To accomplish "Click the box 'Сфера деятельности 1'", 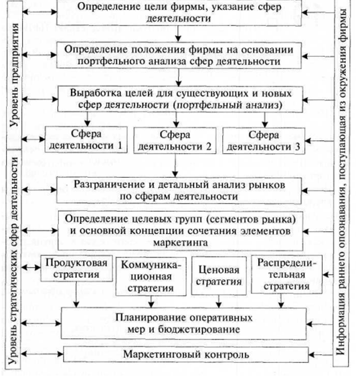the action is (x=86, y=140).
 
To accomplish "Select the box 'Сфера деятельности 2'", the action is (x=175, y=140).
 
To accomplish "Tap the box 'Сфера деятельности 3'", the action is (x=264, y=140).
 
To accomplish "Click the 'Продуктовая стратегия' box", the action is (x=76, y=269).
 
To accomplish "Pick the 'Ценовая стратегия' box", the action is (x=219, y=275).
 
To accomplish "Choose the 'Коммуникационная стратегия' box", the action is (x=151, y=276).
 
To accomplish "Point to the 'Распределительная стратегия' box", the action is (x=286, y=274).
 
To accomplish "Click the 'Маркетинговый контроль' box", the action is (x=186, y=354).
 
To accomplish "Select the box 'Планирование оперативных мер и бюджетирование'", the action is (x=183, y=324).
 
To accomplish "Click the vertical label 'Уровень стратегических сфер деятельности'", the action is (x=13, y=261).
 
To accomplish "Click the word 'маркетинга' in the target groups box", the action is (x=181, y=243).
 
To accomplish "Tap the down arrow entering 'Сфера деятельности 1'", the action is (x=87, y=119).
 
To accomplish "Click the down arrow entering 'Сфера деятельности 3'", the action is (x=264, y=120).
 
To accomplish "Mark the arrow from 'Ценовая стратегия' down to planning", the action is (x=219, y=301).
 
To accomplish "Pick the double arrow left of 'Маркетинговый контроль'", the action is (x=42, y=354).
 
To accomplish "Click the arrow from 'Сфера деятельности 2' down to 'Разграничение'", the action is (x=175, y=165).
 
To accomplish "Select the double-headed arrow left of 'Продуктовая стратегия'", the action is (x=31, y=267).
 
